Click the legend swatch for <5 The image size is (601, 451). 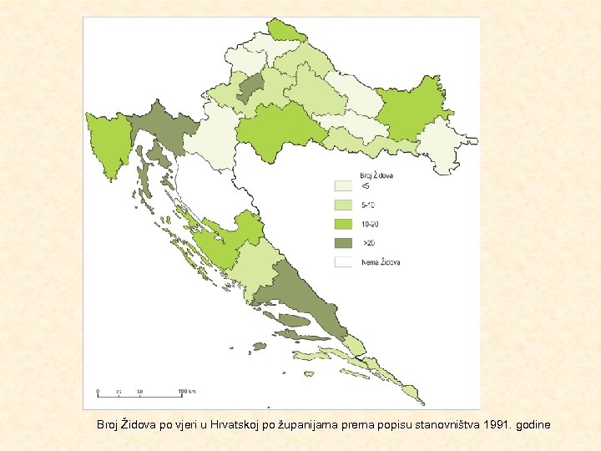pos(343,186)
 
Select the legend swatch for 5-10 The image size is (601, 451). pos(343,205)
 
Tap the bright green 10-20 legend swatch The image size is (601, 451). pos(343,224)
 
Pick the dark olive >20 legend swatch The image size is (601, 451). pos(343,243)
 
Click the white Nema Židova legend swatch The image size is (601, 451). pos(343,261)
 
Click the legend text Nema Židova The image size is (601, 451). pos(381,261)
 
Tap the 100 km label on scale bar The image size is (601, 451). pos(187,391)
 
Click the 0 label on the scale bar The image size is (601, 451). pos(98,391)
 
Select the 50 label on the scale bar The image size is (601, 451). pos(140,391)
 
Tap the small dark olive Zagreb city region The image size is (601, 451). pos(250,86)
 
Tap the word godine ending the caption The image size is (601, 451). pos(533,425)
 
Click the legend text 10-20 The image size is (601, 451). pos(368,224)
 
